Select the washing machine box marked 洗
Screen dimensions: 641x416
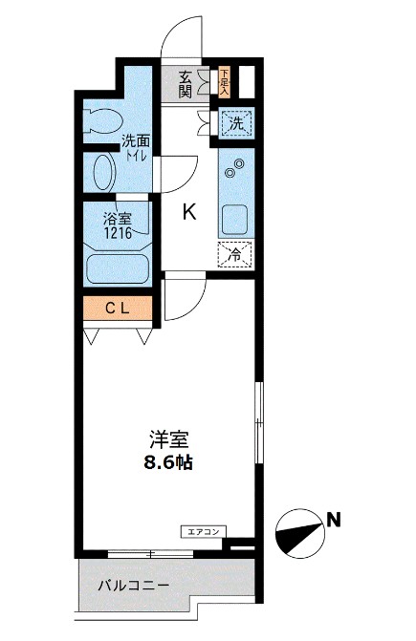[235, 122]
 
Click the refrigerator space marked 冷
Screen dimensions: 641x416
[235, 255]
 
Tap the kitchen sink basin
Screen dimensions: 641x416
[234, 219]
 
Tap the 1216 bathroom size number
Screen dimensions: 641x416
[120, 231]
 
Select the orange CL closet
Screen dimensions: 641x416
[118, 308]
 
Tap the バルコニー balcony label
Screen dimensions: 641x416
[134, 586]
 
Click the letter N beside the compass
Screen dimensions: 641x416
[333, 520]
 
